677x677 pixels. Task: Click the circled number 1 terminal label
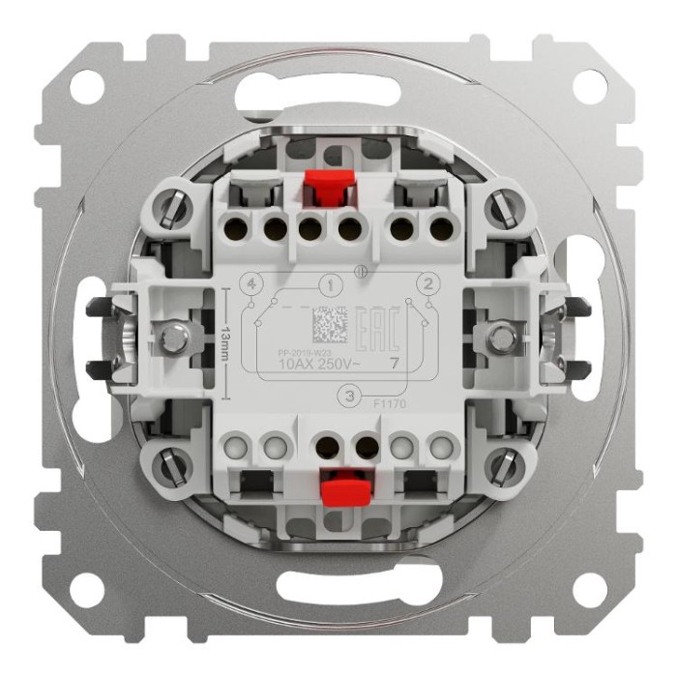coord(331,285)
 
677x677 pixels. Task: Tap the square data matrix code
coord(328,321)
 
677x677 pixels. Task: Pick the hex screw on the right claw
coord(500,338)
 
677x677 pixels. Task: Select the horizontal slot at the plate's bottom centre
coord(338,587)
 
